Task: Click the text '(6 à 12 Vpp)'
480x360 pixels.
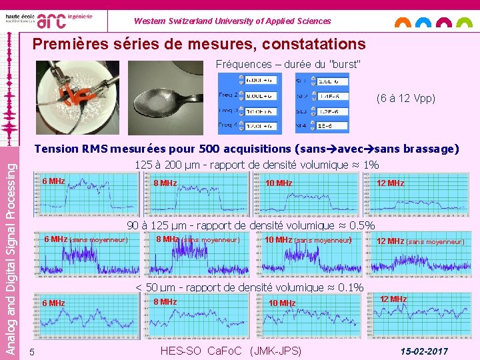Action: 406,98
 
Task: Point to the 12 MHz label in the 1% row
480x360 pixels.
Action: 390,183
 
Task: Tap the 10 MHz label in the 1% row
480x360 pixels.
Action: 279,183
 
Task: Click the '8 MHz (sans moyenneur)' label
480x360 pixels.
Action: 197,239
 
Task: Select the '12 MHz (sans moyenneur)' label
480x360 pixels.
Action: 420,241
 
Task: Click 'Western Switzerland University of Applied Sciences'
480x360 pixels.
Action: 232,21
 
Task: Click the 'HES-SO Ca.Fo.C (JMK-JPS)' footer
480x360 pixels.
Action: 231,351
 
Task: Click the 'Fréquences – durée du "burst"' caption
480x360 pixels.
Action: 288,65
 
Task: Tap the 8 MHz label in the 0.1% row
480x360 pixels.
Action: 165,301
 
